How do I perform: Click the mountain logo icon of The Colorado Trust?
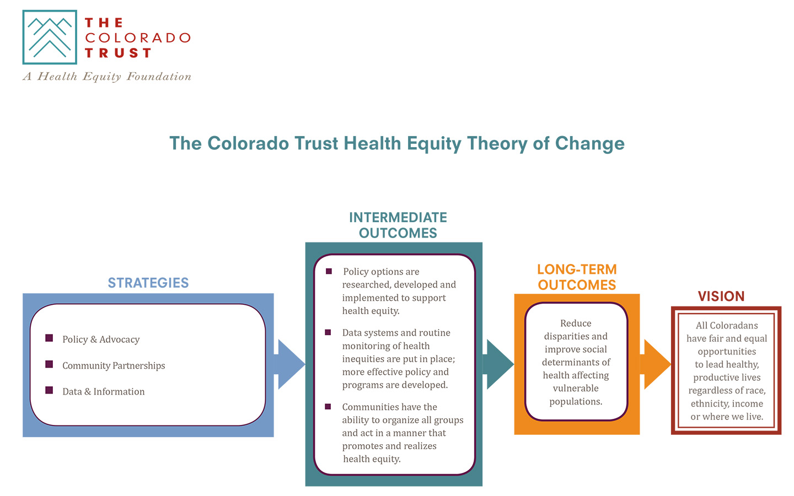pos(50,37)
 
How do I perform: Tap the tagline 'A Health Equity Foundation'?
pos(107,77)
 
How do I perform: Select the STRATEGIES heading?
pos(148,283)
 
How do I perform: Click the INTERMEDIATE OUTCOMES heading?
pos(398,225)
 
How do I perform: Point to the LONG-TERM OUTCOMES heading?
pos(577,277)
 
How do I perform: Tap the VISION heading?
pos(721,296)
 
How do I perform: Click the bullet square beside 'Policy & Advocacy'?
pos(49,338)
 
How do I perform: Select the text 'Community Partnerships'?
pos(114,365)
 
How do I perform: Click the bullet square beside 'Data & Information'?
pos(49,390)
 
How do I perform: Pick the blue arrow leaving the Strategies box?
pos(289,364)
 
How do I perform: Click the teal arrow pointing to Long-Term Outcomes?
pos(498,364)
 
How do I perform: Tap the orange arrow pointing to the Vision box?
pos(656,364)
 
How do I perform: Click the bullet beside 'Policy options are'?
pos(329,271)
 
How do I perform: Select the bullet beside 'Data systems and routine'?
pos(328,332)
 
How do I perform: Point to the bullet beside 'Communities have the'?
pos(328,406)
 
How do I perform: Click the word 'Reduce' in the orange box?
pos(576,323)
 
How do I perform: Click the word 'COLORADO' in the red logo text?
pos(137,38)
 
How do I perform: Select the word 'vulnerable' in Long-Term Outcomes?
pos(576,389)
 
